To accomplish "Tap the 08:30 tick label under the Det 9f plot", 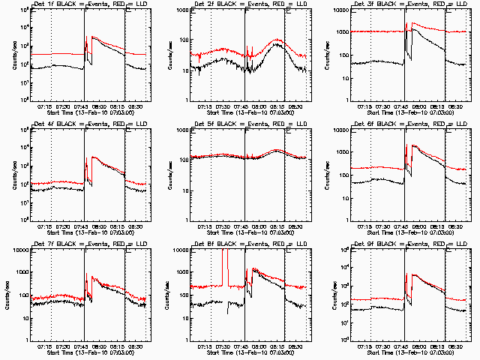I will point(454,346).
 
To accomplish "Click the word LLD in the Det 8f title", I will point(298,244).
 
